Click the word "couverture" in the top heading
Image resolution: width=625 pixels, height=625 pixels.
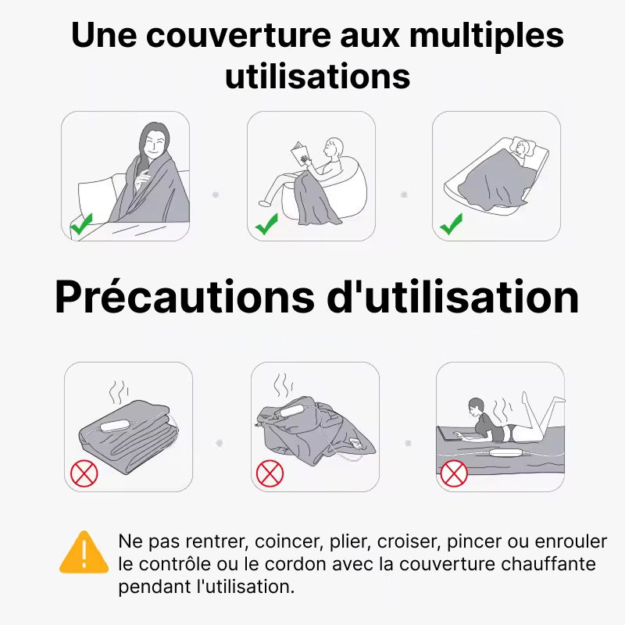click(238, 35)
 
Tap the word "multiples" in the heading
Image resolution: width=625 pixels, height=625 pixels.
click(487, 35)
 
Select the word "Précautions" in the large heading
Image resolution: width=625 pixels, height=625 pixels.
click(184, 297)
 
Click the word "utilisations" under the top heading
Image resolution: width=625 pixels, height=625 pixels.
click(318, 76)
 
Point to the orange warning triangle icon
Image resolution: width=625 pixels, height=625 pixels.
click(84, 552)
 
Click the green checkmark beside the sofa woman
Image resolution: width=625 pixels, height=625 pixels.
click(82, 223)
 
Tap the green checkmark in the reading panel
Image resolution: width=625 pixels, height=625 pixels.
click(266, 223)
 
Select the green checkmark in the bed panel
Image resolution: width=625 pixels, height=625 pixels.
click(452, 223)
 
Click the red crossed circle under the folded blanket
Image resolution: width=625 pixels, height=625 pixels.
click(84, 473)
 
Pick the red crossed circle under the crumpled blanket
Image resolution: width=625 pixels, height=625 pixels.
click(270, 473)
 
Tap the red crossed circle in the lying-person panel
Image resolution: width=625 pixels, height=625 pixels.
click(454, 473)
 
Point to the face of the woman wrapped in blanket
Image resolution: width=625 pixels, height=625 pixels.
click(154, 145)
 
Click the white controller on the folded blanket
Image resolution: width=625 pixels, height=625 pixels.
click(115, 426)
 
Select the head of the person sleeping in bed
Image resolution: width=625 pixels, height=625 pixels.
click(522, 148)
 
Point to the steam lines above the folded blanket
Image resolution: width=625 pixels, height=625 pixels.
click(119, 392)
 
